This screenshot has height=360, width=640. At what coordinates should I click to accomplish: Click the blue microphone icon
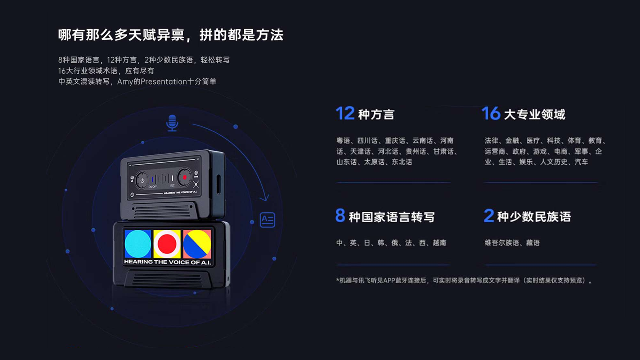point(172,123)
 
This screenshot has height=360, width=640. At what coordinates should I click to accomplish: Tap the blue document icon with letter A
point(267,220)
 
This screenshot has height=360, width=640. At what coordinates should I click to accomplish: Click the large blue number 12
point(345,113)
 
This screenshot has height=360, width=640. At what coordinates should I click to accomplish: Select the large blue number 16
point(491,113)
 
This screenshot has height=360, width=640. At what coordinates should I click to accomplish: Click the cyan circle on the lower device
point(138,244)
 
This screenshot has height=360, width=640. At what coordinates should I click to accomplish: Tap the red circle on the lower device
point(167,244)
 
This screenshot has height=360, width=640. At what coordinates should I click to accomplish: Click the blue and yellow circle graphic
point(197,244)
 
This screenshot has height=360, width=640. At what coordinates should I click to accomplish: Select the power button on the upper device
point(142,180)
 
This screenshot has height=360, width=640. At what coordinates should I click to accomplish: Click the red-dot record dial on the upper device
point(184,177)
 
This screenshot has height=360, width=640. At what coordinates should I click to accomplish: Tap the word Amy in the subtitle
point(125,81)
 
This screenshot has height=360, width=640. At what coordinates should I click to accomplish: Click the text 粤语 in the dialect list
point(343,141)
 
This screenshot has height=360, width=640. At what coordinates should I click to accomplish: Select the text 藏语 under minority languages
point(533,243)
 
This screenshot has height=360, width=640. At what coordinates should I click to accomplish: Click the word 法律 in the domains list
point(491,141)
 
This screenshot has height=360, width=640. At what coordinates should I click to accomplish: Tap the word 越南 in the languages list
point(439,243)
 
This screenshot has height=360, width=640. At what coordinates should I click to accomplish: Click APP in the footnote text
point(389,280)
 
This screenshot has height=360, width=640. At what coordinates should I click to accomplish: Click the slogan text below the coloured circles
point(167,262)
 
